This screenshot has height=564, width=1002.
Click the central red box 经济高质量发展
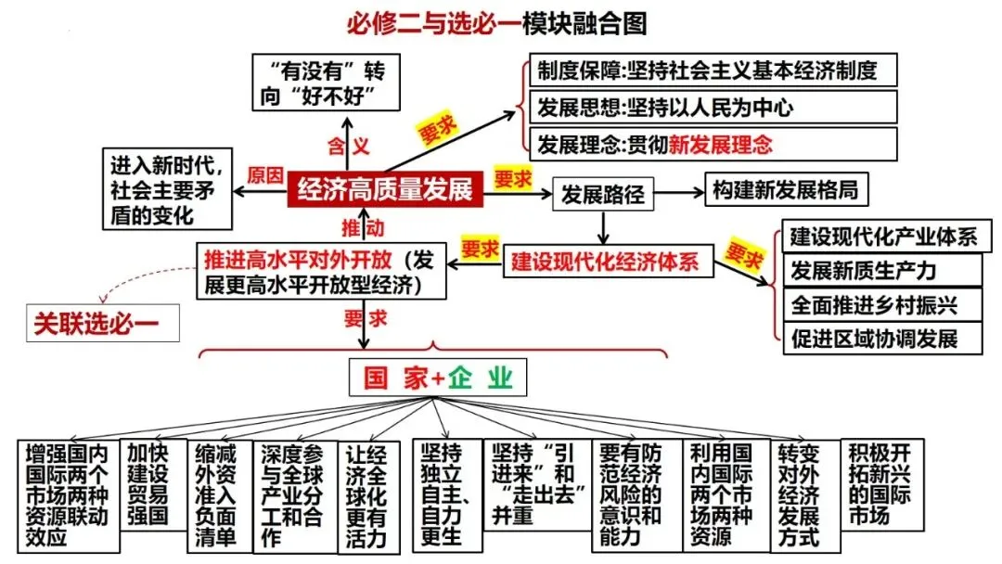385,190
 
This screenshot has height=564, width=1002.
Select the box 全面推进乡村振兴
881,303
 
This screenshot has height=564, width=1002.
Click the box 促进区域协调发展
881,337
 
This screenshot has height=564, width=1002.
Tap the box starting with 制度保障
712,70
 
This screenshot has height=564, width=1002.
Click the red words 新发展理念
721,144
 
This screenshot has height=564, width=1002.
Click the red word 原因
264,175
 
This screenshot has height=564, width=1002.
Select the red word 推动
362,227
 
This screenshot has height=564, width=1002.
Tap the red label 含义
348,146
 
